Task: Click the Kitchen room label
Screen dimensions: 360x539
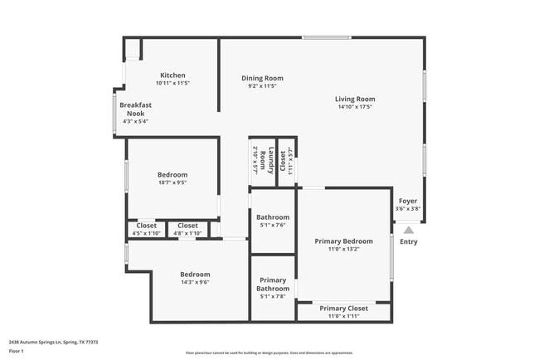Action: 172,75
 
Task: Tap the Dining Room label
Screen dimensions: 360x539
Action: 262,78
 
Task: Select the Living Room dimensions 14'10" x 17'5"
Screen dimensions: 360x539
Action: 355,107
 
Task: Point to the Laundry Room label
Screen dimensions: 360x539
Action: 260,158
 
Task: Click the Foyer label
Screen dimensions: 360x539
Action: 408,201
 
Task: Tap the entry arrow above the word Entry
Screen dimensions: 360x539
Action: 408,229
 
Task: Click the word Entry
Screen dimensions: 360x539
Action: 409,242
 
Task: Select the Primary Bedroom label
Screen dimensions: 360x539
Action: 343,241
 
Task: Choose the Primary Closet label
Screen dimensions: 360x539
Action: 343,309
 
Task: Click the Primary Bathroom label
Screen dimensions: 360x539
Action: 273,285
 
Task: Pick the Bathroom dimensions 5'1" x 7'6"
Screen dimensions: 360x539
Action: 273,225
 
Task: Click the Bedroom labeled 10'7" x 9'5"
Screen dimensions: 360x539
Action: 172,175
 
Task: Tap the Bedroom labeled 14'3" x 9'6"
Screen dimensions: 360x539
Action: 195,275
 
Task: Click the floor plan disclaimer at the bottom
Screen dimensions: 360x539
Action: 269,353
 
